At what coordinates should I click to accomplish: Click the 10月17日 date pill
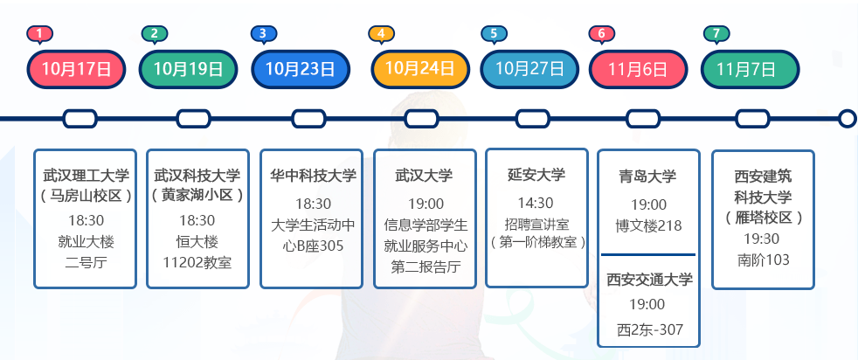pyautogui.click(x=77, y=69)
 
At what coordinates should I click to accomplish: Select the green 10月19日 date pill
pyautogui.click(x=188, y=69)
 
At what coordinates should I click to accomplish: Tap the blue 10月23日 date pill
pyautogui.click(x=300, y=69)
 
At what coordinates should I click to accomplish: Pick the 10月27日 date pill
pyautogui.click(x=529, y=69)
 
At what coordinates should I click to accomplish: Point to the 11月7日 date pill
pyautogui.click(x=751, y=69)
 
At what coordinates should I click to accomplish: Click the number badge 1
pyautogui.click(x=40, y=34)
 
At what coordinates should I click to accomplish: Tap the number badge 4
pyautogui.click(x=382, y=34)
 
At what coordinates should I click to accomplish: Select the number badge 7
pyautogui.click(x=716, y=34)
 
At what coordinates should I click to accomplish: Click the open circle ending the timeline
pyautogui.click(x=847, y=118)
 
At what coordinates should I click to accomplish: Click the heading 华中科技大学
pyautogui.click(x=313, y=176)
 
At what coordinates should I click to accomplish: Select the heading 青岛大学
pyautogui.click(x=647, y=176)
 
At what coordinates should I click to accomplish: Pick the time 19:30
pyautogui.click(x=762, y=239)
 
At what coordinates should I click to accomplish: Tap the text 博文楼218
pyautogui.click(x=647, y=225)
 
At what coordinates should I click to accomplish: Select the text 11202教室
pyautogui.click(x=197, y=262)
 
